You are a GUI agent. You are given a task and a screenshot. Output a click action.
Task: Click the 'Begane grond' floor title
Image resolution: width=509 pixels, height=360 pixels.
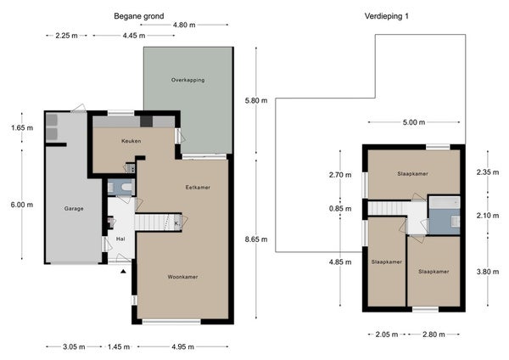pyautogui.click(x=138, y=16)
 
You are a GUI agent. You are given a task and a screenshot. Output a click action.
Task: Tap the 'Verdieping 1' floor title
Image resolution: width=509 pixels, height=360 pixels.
pyautogui.click(x=386, y=16)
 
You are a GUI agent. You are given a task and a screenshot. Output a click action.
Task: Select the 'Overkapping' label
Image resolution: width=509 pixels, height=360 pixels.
pyautogui.click(x=188, y=80)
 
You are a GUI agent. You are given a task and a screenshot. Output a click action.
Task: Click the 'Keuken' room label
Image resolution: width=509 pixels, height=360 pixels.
pyautogui.click(x=131, y=141)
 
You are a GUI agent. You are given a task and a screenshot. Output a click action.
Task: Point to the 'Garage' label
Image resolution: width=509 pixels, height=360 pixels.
pyautogui.click(x=74, y=209)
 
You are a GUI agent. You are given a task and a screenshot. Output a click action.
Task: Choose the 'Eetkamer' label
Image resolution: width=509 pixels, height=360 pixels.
pyautogui.click(x=198, y=188)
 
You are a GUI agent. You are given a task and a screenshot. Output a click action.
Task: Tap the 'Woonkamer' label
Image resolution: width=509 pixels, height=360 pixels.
pyautogui.click(x=182, y=277)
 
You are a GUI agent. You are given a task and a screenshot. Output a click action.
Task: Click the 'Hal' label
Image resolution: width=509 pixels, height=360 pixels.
pyautogui.click(x=120, y=239)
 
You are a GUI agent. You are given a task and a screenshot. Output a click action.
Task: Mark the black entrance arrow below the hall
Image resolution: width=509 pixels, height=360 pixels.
pyautogui.click(x=123, y=272)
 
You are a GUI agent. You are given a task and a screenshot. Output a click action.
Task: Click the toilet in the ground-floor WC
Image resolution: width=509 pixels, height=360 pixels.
pyautogui.click(x=126, y=187)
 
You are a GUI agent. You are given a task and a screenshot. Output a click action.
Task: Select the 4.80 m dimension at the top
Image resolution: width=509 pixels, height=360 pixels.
pyautogui.click(x=184, y=25)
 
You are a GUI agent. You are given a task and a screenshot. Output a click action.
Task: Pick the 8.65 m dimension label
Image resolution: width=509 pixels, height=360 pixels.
pyautogui.click(x=256, y=239)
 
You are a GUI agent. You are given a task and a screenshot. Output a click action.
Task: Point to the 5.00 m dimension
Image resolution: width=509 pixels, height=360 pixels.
pyautogui.click(x=414, y=122)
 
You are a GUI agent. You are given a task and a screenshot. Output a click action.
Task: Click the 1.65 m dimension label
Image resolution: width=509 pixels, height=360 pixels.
pyautogui.click(x=22, y=127)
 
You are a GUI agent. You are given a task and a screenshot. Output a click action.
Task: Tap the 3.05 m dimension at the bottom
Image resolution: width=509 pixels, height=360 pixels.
pyautogui.click(x=74, y=346)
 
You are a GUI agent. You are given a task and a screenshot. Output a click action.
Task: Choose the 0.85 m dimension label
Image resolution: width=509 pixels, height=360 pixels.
pyautogui.click(x=340, y=209)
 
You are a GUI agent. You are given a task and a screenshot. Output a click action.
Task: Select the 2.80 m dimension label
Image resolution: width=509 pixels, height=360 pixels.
pyautogui.click(x=434, y=334)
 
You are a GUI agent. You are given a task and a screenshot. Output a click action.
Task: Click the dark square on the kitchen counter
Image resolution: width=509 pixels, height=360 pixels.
pyautogui.click(x=147, y=121)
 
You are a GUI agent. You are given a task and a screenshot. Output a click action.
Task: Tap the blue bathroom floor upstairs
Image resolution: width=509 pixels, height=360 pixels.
pyautogui.click(x=444, y=222)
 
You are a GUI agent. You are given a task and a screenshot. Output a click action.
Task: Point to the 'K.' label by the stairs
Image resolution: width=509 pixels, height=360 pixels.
pyautogui.click(x=177, y=223)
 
